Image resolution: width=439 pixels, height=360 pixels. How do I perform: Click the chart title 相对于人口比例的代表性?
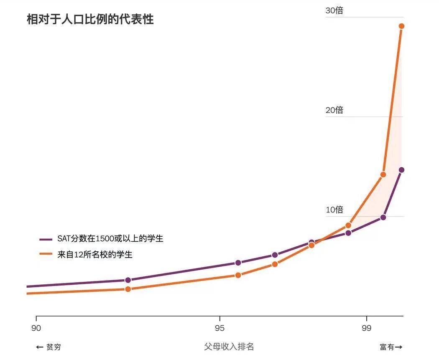coord(90,20)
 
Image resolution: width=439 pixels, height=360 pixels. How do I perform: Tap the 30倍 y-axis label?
coord(334,10)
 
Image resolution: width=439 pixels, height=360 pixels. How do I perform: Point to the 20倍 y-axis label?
coord(334,110)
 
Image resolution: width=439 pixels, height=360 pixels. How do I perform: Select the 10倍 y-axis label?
coord(334,209)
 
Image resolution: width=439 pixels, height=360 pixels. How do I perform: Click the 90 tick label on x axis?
coord(36,328)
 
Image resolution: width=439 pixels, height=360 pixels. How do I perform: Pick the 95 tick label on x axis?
coord(220,328)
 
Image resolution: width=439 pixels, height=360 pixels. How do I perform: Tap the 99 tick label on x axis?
coord(367,328)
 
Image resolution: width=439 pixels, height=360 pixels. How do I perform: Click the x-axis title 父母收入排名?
coord(229,347)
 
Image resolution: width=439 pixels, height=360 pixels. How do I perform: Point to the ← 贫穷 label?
coord(48,347)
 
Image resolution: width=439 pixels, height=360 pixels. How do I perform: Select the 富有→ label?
coord(391,347)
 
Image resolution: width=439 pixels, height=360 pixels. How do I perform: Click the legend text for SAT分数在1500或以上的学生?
coord(110,239)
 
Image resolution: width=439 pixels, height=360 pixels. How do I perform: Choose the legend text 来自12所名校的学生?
coord(95,254)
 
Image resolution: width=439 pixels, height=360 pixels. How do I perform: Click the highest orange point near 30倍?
coord(401,26)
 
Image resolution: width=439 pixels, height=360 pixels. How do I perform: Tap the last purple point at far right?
coord(401,170)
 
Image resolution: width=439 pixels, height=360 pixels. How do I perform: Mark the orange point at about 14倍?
coord(383,174)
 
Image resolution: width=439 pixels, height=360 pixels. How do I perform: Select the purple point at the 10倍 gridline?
coord(383,217)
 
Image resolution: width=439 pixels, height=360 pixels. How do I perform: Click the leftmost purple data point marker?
coord(128,280)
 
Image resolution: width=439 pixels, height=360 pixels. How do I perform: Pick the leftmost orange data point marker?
coord(128,289)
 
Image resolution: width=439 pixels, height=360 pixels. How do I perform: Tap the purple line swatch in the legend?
coord(46,240)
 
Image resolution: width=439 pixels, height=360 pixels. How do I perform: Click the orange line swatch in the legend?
coord(46,254)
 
